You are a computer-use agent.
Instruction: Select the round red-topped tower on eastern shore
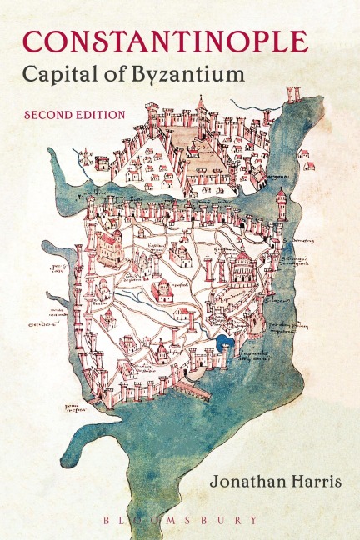point(281,202)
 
